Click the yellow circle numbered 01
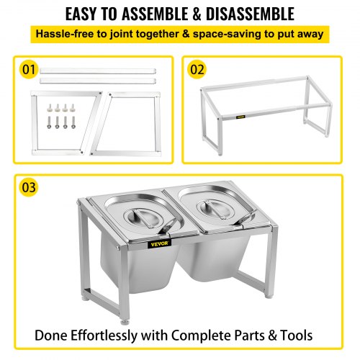tap(29, 70)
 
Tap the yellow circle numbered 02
tap(197, 70)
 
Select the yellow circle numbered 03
tap(29, 187)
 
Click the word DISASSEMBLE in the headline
tap(250, 14)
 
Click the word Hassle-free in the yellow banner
tap(65, 34)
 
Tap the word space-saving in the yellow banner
tap(227, 35)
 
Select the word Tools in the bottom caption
tap(297, 336)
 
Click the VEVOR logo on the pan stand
tap(160, 244)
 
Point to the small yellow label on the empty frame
tap(240, 117)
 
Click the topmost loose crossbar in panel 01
tap(98, 71)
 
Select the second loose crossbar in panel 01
tap(98, 81)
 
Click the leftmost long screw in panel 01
tap(49, 122)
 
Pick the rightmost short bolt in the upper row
tap(72, 108)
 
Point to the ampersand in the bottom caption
tap(272, 336)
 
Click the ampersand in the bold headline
tap(197, 14)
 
